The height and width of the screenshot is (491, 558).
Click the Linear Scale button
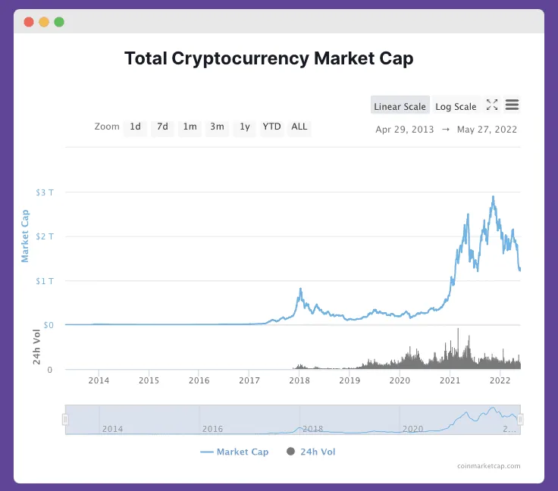pyautogui.click(x=400, y=106)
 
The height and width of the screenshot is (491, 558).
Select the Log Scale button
pyautogui.click(x=456, y=106)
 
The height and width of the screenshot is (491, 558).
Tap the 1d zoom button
pyautogui.click(x=135, y=127)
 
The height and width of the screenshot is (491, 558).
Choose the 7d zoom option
pyautogui.click(x=162, y=127)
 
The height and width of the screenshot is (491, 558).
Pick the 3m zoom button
pyautogui.click(x=217, y=127)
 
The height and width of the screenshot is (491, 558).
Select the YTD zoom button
pyautogui.click(x=271, y=127)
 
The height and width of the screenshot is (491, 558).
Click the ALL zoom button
pyautogui.click(x=299, y=127)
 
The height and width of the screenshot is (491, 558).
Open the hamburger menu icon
pyautogui.click(x=512, y=105)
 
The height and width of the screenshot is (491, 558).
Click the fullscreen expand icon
pyautogui.click(x=491, y=105)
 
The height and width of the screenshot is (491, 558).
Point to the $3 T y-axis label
pyautogui.click(x=45, y=192)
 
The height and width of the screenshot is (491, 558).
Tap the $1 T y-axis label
pyautogui.click(x=45, y=281)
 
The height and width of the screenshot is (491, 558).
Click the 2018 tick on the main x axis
pyautogui.click(x=299, y=380)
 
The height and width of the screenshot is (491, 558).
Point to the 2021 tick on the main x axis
pyautogui.click(x=450, y=380)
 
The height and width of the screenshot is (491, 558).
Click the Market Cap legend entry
pyautogui.click(x=234, y=452)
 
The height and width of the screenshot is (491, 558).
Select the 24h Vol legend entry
pyautogui.click(x=311, y=452)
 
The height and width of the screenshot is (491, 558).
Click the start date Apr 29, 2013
pyautogui.click(x=405, y=130)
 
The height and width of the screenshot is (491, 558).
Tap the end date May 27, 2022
pyautogui.click(x=487, y=130)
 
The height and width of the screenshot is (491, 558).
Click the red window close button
pyautogui.click(x=29, y=22)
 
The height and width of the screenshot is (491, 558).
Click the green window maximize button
pyautogui.click(x=59, y=22)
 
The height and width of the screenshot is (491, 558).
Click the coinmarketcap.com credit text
pyautogui.click(x=489, y=467)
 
